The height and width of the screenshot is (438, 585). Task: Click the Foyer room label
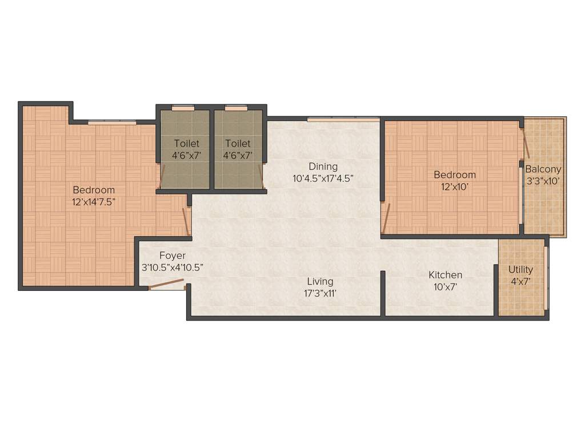tap(172, 255)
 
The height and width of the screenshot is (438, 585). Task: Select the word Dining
tap(323, 167)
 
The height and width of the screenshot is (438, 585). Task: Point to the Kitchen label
tap(446, 275)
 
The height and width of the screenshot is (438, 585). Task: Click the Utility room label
tap(520, 269)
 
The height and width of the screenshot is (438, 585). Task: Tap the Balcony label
tap(543, 169)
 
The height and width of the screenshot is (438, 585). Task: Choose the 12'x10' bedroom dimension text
tap(454, 186)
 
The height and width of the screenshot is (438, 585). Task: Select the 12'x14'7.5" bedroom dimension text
tap(93, 201)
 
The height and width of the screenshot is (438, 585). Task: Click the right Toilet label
tap(238, 144)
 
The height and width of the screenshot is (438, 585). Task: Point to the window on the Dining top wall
tap(343, 119)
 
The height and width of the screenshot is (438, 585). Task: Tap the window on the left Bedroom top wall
tap(112, 122)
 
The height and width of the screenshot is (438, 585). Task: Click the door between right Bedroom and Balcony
tap(525, 143)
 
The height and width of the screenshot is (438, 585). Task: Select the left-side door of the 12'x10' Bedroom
tap(386, 217)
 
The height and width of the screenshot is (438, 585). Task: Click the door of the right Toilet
tap(261, 176)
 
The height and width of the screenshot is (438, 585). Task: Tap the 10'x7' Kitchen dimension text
tap(446, 286)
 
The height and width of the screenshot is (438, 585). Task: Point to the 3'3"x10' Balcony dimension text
tap(543, 181)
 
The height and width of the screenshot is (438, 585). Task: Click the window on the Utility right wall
tap(546, 278)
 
